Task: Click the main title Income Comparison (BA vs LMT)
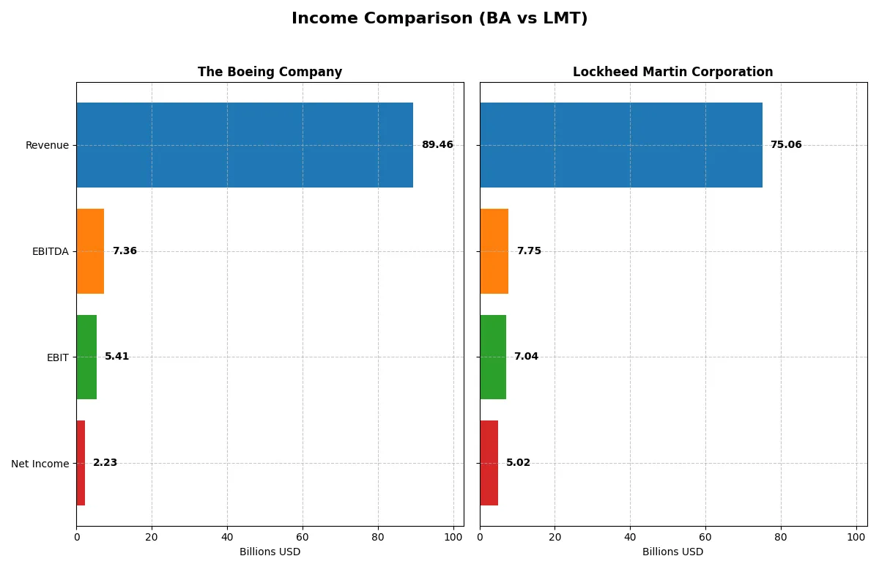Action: click(x=439, y=18)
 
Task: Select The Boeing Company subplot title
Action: click(x=270, y=72)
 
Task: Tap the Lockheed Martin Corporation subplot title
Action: click(x=672, y=72)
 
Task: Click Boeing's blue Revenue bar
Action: click(x=245, y=145)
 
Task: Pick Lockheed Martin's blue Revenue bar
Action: click(x=621, y=145)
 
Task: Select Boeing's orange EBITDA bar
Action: click(x=90, y=251)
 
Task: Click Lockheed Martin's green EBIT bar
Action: click(x=493, y=357)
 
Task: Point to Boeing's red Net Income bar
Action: click(x=81, y=463)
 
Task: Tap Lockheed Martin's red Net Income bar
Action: click(x=489, y=463)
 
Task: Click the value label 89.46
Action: click(x=437, y=145)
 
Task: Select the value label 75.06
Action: click(x=786, y=145)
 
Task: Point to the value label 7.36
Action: click(x=125, y=251)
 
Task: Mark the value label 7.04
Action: click(x=526, y=357)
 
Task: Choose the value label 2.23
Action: click(x=105, y=463)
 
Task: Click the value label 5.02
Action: click(x=518, y=463)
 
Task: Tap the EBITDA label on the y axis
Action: click(x=50, y=251)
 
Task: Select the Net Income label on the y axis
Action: click(x=40, y=464)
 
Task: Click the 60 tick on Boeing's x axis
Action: click(x=303, y=537)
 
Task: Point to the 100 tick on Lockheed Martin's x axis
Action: click(x=856, y=537)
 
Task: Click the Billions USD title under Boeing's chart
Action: click(x=270, y=552)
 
